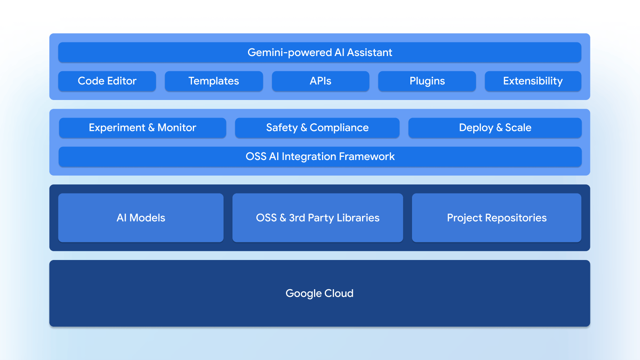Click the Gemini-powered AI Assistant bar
(x=320, y=52)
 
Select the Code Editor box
(x=107, y=81)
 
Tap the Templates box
(x=214, y=81)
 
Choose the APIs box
(x=320, y=81)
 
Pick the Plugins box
(x=427, y=81)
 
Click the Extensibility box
(x=533, y=81)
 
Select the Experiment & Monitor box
(x=142, y=128)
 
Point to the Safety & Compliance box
(x=317, y=128)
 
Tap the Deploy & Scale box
(x=495, y=128)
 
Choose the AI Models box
(x=141, y=218)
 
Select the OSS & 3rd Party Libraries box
(x=318, y=218)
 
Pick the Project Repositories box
(x=496, y=218)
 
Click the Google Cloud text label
(x=319, y=293)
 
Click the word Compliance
(x=339, y=128)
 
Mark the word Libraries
(x=358, y=218)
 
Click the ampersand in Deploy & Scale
(x=499, y=128)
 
